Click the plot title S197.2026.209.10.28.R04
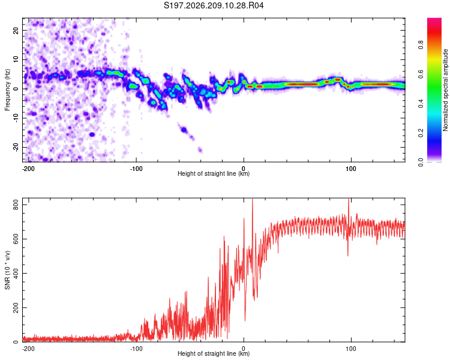pyautogui.click(x=214, y=5)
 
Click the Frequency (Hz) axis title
pyautogui.click(x=7, y=90)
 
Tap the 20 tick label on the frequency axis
pyautogui.click(x=16, y=31)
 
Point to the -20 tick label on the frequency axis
pyautogui.click(x=16, y=147)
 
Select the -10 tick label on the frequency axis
pyautogui.click(x=16, y=118)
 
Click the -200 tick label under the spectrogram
pyautogui.click(x=28, y=169)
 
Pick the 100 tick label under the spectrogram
pyautogui.click(x=351, y=169)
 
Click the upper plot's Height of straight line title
pyautogui.click(x=214, y=173)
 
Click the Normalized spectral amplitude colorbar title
pyautogui.click(x=445, y=90)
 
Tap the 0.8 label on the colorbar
pyautogui.click(x=421, y=45)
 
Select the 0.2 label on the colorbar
pyautogui.click(x=421, y=133)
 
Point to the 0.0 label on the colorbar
pyautogui.click(x=421, y=163)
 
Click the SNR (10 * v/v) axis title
pyautogui.click(x=7, y=270)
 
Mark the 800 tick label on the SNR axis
pyautogui.click(x=16, y=205)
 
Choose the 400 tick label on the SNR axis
pyautogui.click(x=16, y=274)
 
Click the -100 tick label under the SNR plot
pyautogui.click(x=136, y=349)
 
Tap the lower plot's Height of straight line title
pyautogui.click(x=214, y=353)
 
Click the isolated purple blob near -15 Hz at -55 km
pyautogui.click(x=184, y=130)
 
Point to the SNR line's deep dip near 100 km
pyautogui.click(x=348, y=255)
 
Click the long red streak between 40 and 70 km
pyautogui.click(x=303, y=85)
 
